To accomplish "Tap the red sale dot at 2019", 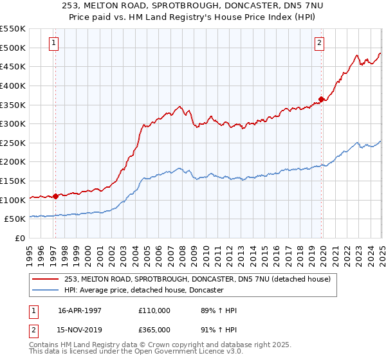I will (x=321, y=99).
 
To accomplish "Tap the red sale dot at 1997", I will (x=56, y=196).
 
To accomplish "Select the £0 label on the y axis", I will (x=19, y=239).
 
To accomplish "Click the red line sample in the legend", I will (x=46, y=279).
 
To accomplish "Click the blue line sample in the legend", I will (x=46, y=291).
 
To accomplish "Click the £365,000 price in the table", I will (x=154, y=330).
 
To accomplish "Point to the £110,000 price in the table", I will (x=154, y=310).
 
